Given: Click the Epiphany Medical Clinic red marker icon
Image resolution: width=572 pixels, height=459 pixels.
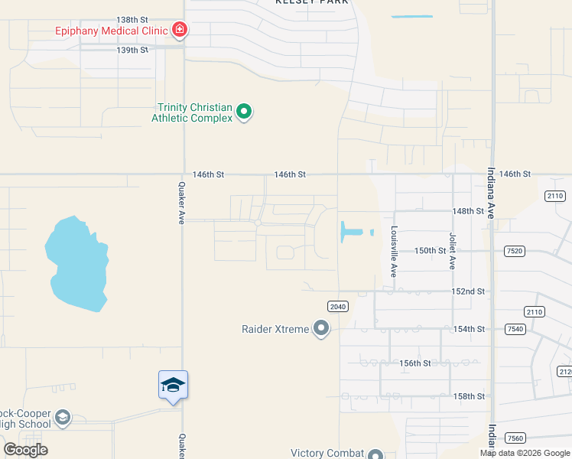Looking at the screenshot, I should pyautogui.click(x=180, y=31).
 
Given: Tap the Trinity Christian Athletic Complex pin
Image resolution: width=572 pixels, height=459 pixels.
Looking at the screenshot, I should pyautogui.click(x=244, y=112).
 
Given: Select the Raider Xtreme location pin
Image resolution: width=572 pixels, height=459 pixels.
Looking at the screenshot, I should pyautogui.click(x=321, y=329).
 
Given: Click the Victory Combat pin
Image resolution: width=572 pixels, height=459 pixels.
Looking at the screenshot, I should pyautogui.click(x=375, y=454).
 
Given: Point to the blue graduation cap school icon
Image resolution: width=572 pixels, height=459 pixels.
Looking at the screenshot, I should pyautogui.click(x=174, y=385).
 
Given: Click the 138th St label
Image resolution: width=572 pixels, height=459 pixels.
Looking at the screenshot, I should pyautogui.click(x=132, y=19).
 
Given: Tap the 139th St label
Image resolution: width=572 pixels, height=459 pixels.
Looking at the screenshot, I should pyautogui.click(x=132, y=50).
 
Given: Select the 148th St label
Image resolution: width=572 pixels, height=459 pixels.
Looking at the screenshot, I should pyautogui.click(x=469, y=210).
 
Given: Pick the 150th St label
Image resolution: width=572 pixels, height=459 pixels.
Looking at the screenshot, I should pyautogui.click(x=431, y=250).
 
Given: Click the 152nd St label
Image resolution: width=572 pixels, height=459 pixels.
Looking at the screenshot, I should pyautogui.click(x=469, y=291).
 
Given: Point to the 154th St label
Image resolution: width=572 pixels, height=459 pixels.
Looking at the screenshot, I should pyautogui.click(x=469, y=329).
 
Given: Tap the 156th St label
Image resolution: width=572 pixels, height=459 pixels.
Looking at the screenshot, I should pyautogui.click(x=416, y=363).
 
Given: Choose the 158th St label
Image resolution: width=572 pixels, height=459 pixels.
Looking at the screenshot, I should pyautogui.click(x=469, y=396).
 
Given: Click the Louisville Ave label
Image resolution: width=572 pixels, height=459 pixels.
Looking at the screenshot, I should pyautogui.click(x=394, y=251).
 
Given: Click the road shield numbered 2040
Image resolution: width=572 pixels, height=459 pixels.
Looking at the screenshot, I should pyautogui.click(x=337, y=306).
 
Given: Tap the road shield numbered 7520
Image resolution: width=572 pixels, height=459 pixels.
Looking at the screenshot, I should pyautogui.click(x=515, y=251).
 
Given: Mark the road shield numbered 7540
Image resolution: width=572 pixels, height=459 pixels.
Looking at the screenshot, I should pyautogui.click(x=515, y=329).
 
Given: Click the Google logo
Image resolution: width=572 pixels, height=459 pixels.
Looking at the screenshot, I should pyautogui.click(x=25, y=450).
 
